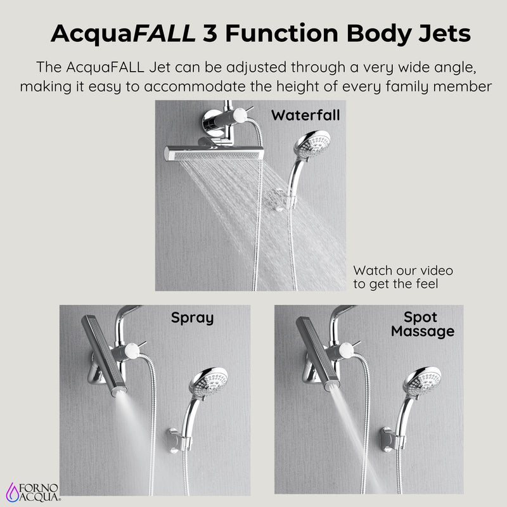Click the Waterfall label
point(305,115)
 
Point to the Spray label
point(192,318)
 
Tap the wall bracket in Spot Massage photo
point(388,438)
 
